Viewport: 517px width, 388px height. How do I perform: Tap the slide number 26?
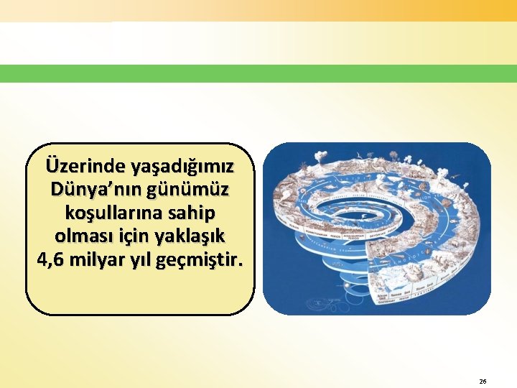483,382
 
